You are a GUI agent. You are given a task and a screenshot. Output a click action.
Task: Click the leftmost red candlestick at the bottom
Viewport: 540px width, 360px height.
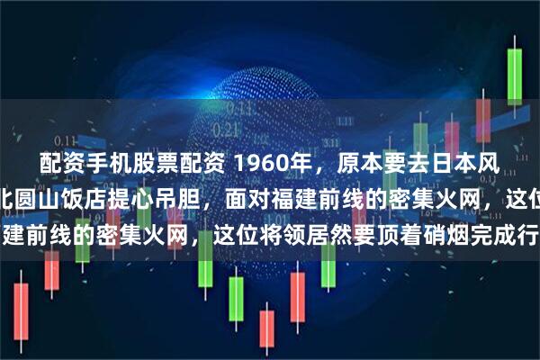[x=22, y=319]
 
